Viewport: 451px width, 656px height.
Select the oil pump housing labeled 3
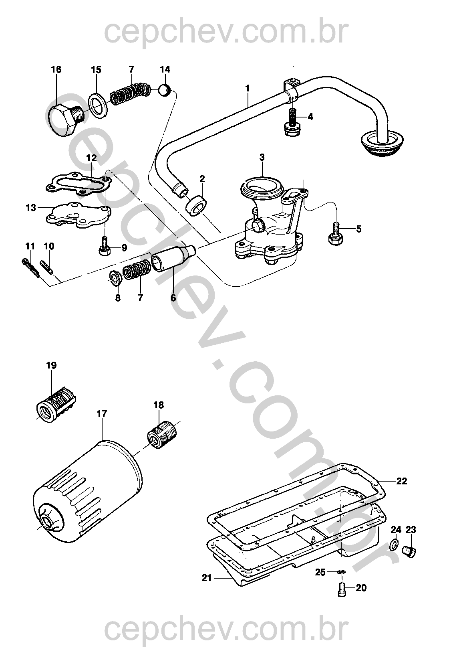click(x=272, y=225)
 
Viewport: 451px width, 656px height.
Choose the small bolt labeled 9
click(x=104, y=247)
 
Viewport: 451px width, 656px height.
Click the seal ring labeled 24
click(x=395, y=544)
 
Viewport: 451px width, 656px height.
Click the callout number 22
click(x=401, y=482)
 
